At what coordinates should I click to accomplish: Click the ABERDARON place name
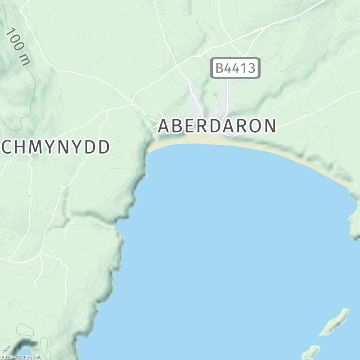216,126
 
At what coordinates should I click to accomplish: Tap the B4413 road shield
235,68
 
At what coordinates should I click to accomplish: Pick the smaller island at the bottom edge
310,352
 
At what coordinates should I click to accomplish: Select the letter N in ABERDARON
269,126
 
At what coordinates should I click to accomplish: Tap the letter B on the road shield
220,68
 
